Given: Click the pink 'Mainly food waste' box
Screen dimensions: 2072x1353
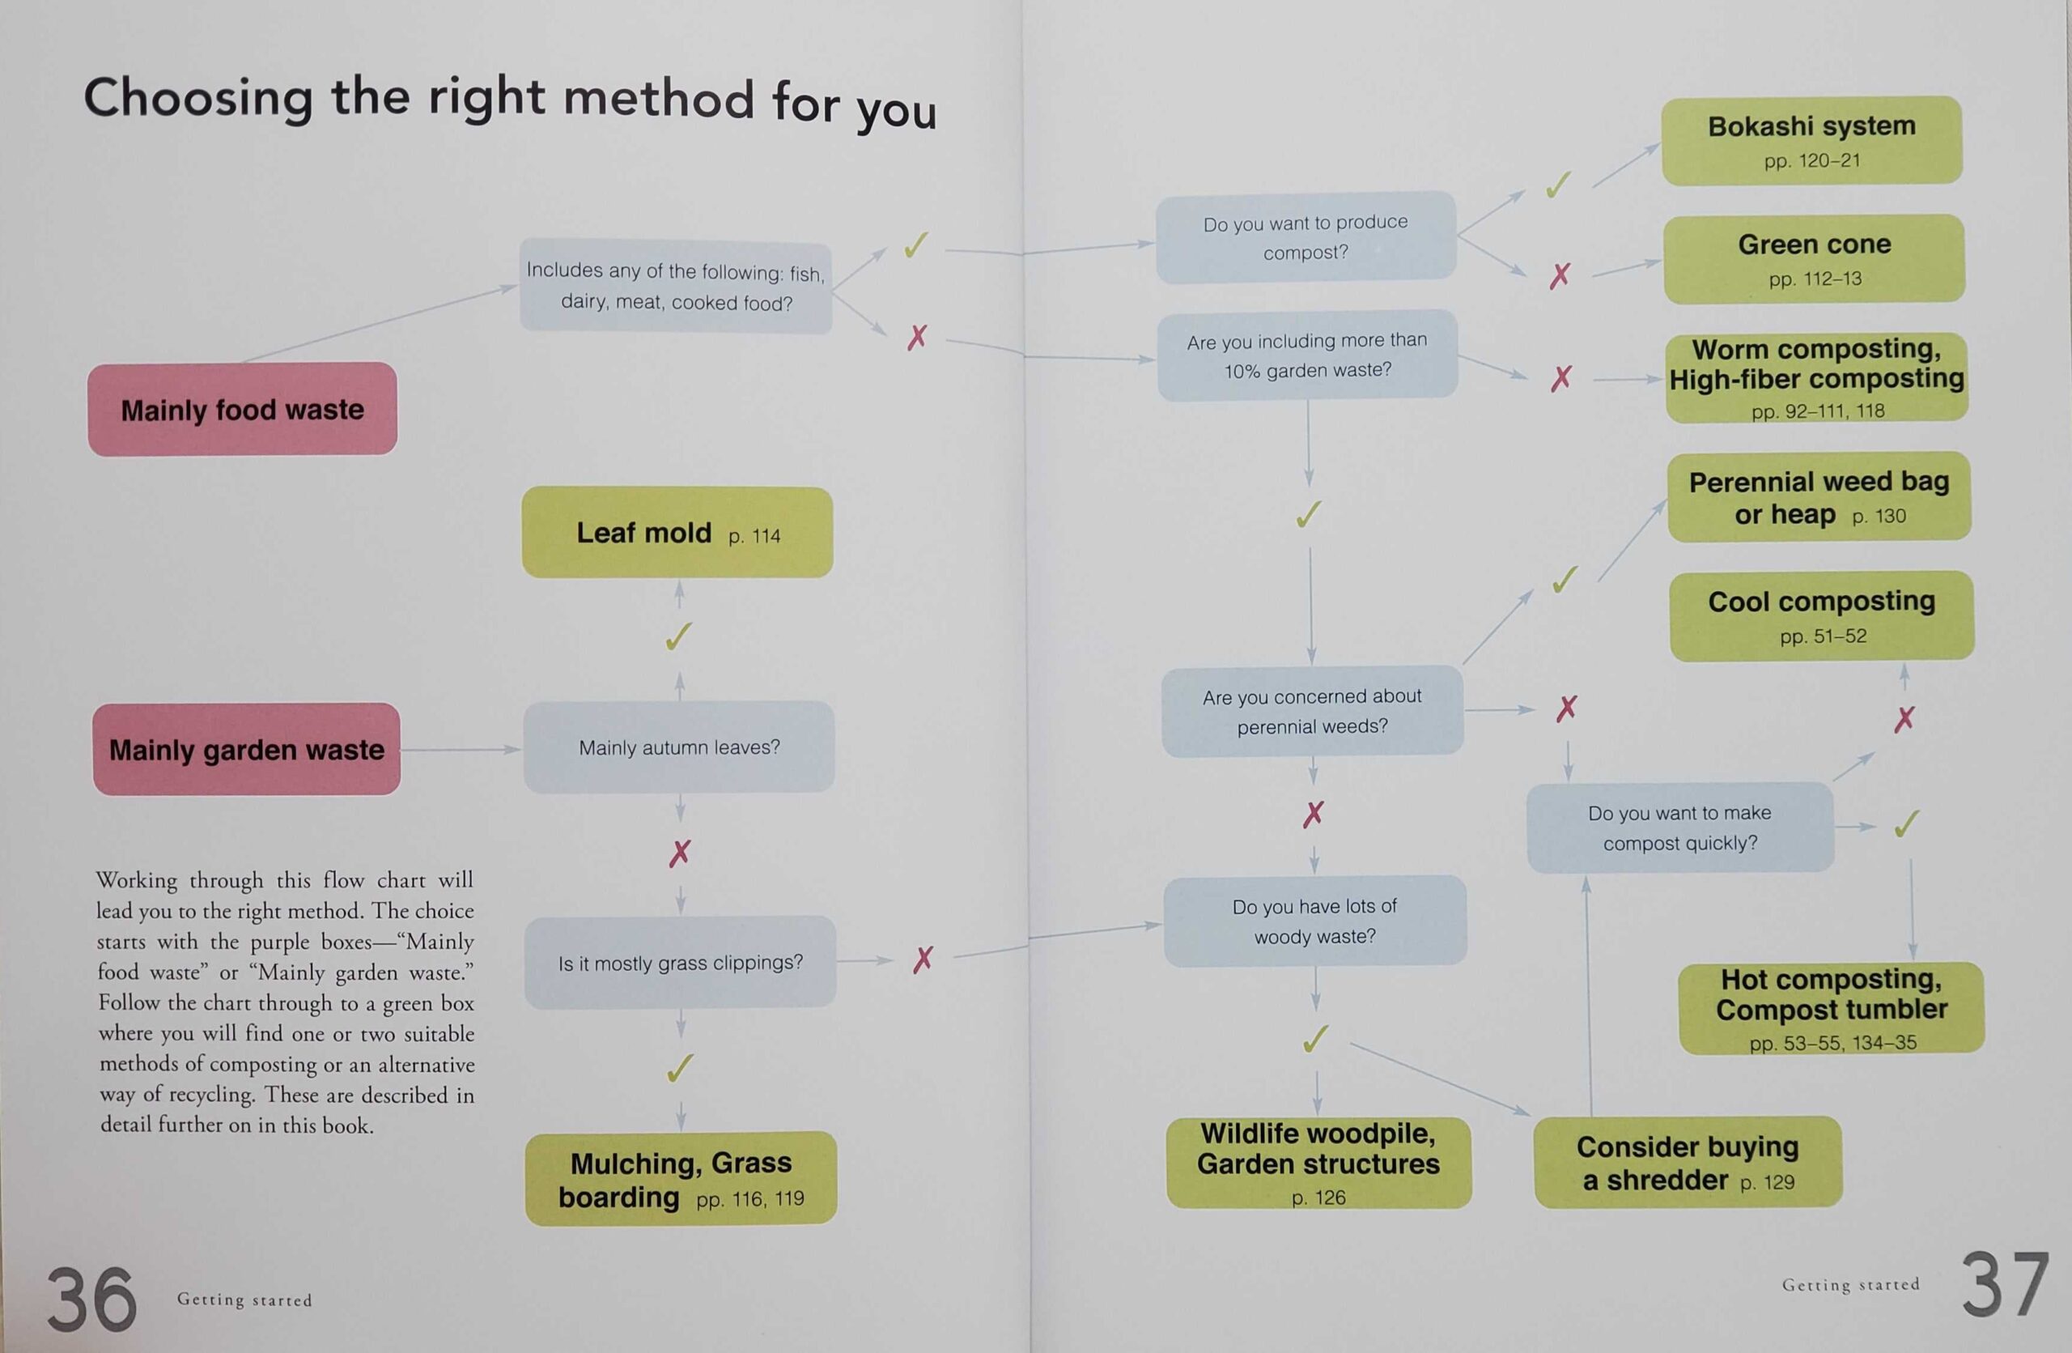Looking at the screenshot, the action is (242, 408).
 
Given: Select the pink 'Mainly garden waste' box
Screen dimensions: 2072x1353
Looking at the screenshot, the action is (246, 749).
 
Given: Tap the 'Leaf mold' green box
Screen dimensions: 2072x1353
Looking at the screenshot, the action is (677, 532).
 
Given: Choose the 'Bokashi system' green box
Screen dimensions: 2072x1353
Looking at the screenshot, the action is (1811, 140).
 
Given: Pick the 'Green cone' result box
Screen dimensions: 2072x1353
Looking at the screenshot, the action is (1815, 258).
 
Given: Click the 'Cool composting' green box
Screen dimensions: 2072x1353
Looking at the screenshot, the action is (1821, 615).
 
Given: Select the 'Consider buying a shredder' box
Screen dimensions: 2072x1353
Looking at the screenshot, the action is (1688, 1161).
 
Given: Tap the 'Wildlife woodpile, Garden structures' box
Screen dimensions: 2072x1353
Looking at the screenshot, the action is (1319, 1163).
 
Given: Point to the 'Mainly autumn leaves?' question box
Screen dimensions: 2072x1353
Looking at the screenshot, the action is (679, 747).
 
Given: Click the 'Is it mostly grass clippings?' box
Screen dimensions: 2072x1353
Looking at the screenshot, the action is (680, 962).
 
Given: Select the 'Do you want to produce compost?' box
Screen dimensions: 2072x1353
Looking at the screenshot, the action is (1306, 236).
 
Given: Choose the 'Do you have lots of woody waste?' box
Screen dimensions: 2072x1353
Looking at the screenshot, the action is (1314, 921).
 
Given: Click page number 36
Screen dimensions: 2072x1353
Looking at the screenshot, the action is (91, 1299).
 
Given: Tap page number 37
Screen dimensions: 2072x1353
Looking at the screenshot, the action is (2005, 1284).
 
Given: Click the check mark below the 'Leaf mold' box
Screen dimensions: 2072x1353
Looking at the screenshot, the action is (679, 636).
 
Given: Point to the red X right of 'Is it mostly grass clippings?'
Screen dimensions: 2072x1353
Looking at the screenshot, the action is (923, 959).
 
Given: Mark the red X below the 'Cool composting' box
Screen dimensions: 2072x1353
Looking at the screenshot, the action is (1904, 718).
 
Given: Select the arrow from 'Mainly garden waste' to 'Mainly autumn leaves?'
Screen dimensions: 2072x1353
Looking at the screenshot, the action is (461, 749).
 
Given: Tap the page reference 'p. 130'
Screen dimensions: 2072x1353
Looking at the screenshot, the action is (1879, 517).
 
